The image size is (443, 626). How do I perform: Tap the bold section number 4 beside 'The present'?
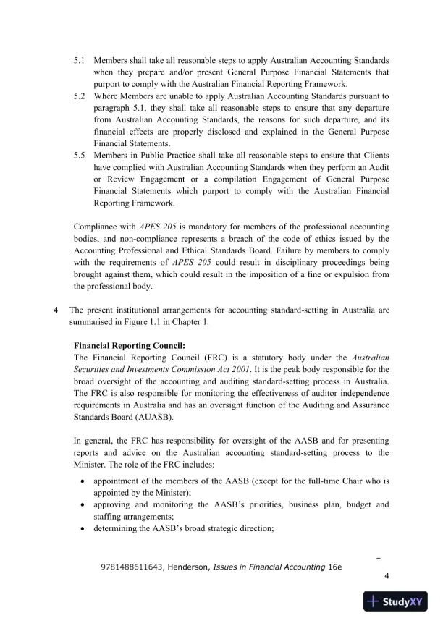(x=56, y=310)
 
